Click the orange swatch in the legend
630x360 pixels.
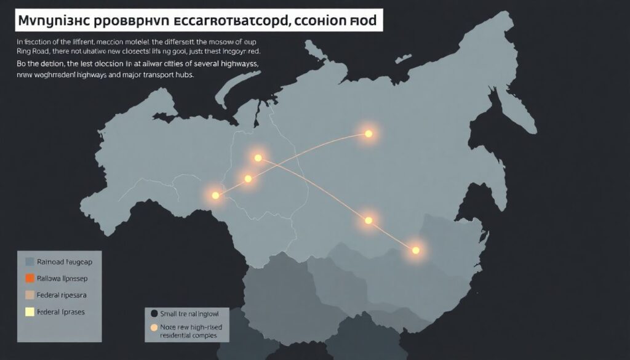coord(29,278)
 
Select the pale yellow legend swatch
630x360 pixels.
coord(29,312)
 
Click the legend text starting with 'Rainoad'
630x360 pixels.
coord(65,262)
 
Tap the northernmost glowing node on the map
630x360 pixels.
coord(369,134)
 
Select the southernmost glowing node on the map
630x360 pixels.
coord(416,250)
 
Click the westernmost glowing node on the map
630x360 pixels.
coord(215,195)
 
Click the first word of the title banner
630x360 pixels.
coord(52,21)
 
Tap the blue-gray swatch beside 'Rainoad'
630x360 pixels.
coord(29,262)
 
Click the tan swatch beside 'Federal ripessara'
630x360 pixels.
coord(29,295)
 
